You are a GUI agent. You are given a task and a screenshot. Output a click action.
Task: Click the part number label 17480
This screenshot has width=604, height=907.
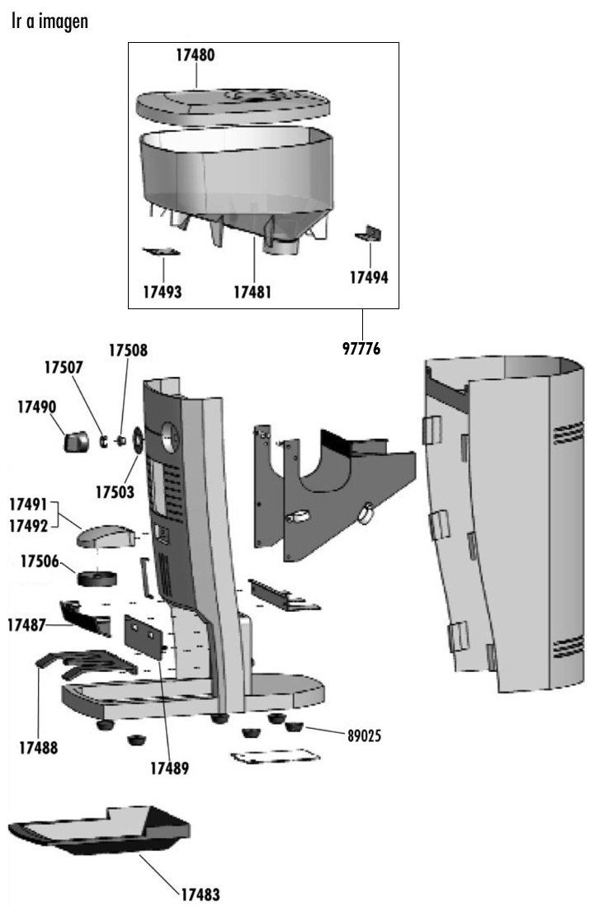pyautogui.click(x=195, y=55)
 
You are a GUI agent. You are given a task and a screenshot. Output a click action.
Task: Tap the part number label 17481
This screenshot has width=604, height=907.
pyautogui.click(x=252, y=291)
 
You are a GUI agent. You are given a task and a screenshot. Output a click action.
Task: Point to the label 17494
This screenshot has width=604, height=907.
pyautogui.click(x=368, y=278)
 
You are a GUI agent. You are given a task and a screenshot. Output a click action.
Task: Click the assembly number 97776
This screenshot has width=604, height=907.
pyautogui.click(x=361, y=348)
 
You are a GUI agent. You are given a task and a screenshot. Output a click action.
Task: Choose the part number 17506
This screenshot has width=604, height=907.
pyautogui.click(x=40, y=562)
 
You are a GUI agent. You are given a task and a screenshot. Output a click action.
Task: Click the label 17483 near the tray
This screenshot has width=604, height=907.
pyautogui.click(x=200, y=894)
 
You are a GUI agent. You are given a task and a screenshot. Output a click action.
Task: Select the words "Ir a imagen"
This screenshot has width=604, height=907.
pyautogui.click(x=50, y=22)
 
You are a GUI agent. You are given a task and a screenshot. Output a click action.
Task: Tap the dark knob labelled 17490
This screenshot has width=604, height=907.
pyautogui.click(x=78, y=439)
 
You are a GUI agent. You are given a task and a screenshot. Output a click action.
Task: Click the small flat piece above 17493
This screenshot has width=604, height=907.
pyautogui.click(x=160, y=251)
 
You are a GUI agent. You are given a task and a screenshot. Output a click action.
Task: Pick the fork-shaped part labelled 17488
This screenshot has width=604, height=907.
pyautogui.click(x=83, y=660)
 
